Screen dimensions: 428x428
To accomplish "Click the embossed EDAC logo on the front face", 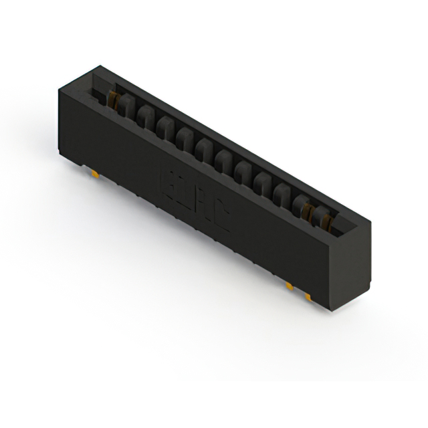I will [x=195, y=201].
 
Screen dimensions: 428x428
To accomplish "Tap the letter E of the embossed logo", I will [x=169, y=181].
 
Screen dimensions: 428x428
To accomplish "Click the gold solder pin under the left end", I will [x=95, y=175].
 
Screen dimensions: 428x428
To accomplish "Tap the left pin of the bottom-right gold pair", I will [x=289, y=286].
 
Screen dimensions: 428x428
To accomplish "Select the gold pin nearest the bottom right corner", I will [x=308, y=295].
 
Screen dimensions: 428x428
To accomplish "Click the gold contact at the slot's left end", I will [x=114, y=100].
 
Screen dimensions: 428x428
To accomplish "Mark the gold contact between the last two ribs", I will [x=308, y=211].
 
